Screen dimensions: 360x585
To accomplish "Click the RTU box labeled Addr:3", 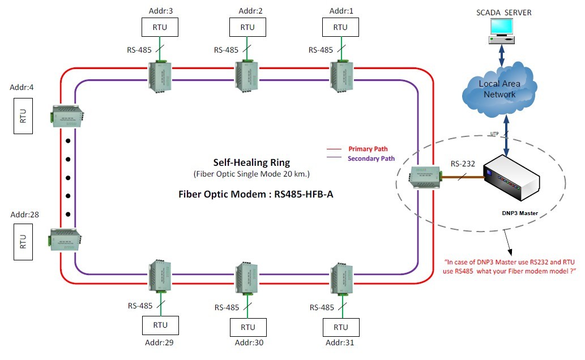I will pyautogui.click(x=159, y=27).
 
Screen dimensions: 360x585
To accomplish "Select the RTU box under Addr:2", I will pyautogui.click(x=247, y=27).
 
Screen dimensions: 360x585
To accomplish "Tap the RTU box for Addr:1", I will pyautogui.click(x=340, y=27).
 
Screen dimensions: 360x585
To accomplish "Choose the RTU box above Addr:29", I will pyautogui.click(x=160, y=325).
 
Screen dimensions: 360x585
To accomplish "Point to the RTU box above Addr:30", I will pyautogui.click(x=247, y=327).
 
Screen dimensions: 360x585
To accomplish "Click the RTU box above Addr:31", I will pyautogui.click(x=340, y=327).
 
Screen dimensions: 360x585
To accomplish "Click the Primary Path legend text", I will pyautogui.click(x=368, y=149).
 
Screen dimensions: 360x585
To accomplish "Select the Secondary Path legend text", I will pyautogui.click(x=372, y=158).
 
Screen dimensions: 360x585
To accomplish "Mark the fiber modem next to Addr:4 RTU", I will pyautogui.click(x=67, y=115).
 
